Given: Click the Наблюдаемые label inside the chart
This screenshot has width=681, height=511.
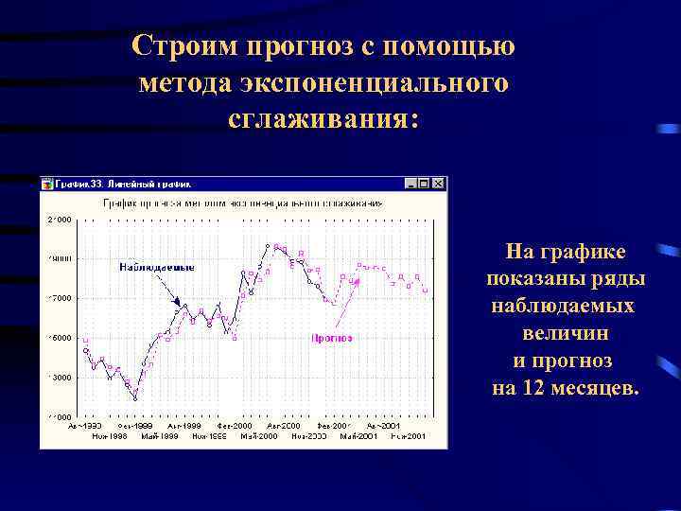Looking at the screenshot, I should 157,267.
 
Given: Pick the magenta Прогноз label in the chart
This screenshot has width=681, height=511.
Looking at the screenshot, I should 332,337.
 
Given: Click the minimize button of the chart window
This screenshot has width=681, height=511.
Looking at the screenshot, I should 410,184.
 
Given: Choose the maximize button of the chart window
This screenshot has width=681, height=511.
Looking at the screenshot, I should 424,184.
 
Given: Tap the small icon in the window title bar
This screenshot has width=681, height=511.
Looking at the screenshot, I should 46,184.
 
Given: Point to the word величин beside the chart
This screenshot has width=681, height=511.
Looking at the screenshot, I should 565,333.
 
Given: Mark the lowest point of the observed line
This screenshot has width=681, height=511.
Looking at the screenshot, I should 135,398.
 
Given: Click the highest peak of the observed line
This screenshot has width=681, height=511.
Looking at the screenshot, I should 269,245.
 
